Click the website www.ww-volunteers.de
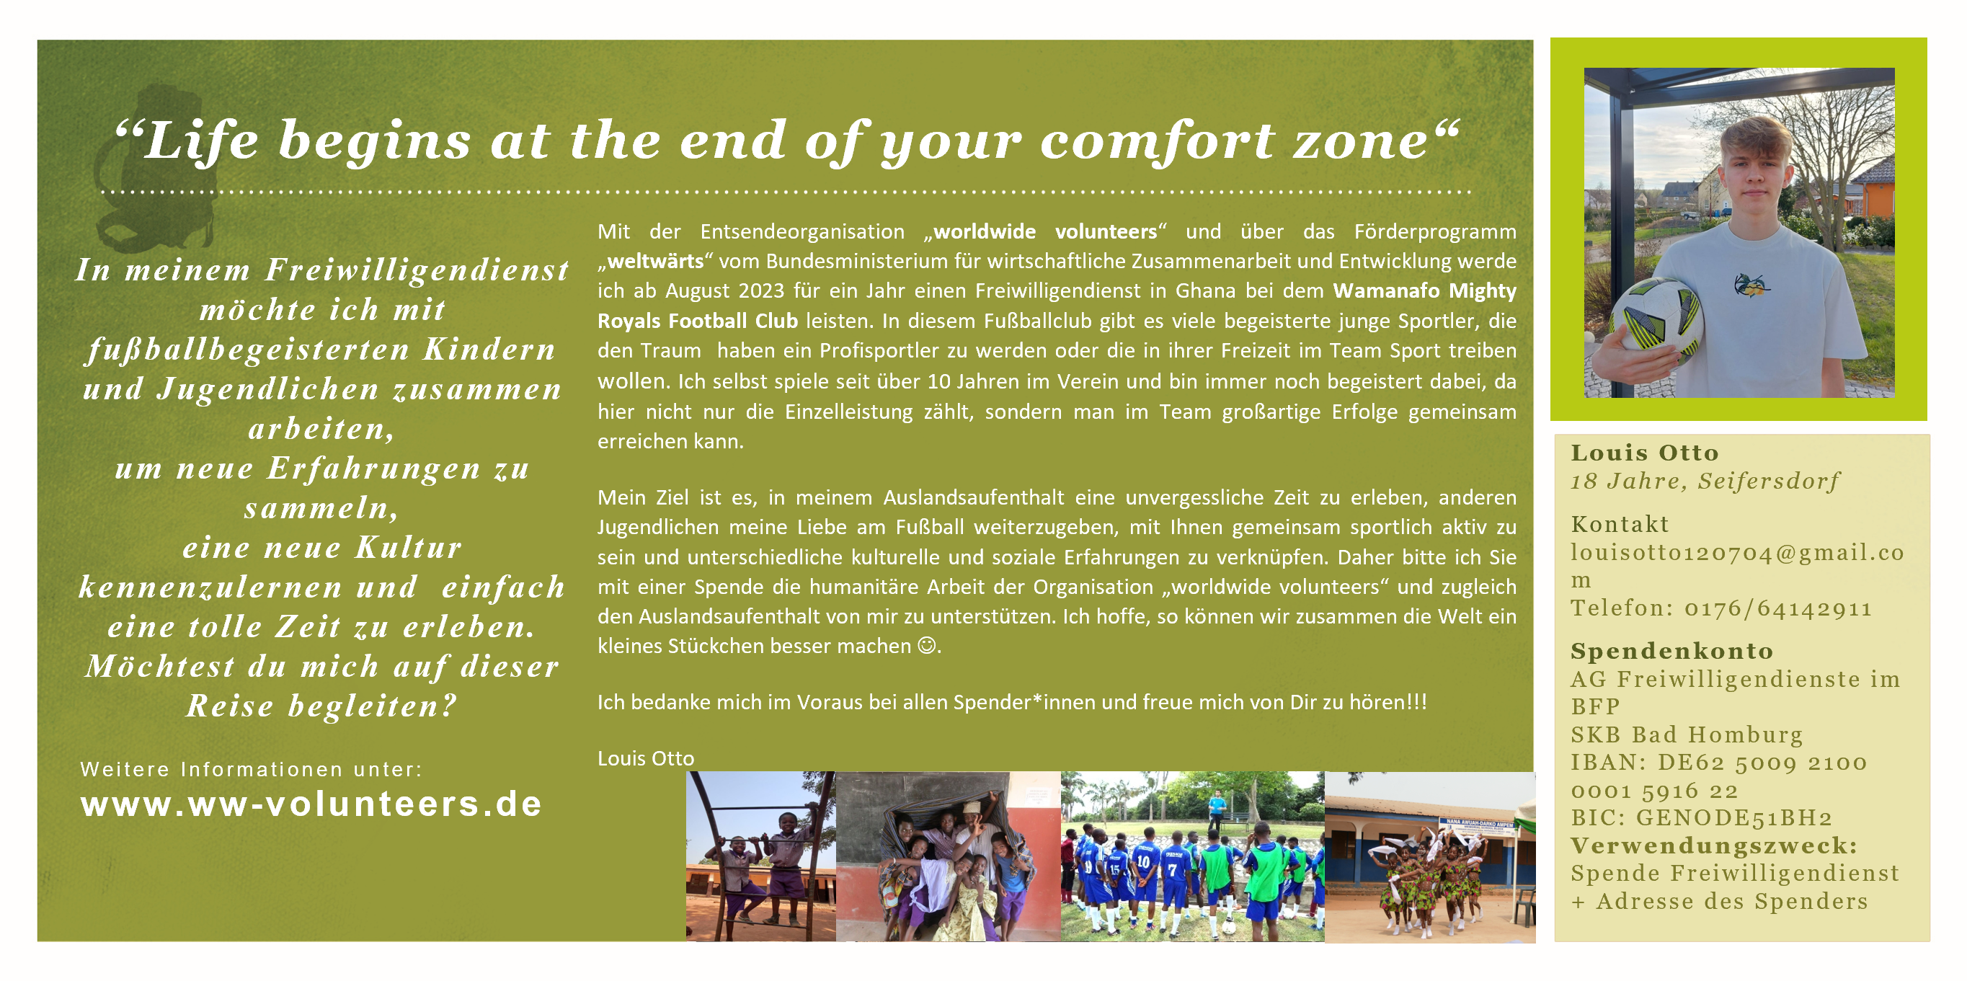click(311, 804)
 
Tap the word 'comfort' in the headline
click(1156, 142)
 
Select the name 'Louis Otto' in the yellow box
click(1644, 453)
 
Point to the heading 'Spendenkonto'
click(1671, 651)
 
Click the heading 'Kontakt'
click(1620, 525)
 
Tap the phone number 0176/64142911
click(1778, 608)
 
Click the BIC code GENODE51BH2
click(1733, 817)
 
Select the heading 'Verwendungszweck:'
click(1714, 846)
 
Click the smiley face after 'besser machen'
click(926, 646)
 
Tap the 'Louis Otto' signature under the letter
click(645, 758)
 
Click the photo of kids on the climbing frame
click(760, 856)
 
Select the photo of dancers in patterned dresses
click(1429, 856)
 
